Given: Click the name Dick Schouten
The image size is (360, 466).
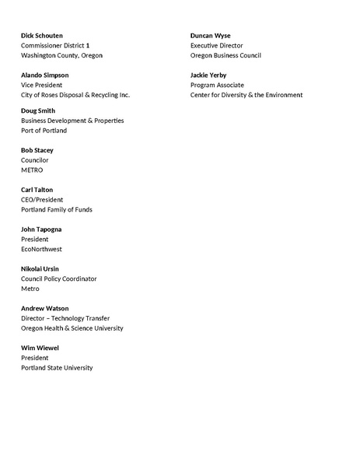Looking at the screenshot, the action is tap(42, 36).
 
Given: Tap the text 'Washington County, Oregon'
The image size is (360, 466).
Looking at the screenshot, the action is tap(61, 56).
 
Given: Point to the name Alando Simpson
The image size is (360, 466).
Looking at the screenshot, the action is tap(45, 75).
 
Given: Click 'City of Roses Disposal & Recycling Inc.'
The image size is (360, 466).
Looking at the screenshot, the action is tap(75, 95).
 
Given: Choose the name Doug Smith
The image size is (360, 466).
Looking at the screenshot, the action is tap(38, 111).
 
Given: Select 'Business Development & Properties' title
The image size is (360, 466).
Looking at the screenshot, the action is tap(72, 121).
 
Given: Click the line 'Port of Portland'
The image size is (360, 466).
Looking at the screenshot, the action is tap(44, 131).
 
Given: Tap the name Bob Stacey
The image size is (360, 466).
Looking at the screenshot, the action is tap(37, 150).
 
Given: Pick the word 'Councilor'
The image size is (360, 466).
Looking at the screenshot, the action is tap(35, 160).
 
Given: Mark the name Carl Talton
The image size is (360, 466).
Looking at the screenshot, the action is tap(37, 190).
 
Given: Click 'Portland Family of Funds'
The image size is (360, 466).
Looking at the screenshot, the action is tap(58, 209).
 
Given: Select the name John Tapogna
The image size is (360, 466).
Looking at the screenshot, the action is tap(41, 229).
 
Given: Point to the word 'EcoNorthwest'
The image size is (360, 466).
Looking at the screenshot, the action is tap(41, 249).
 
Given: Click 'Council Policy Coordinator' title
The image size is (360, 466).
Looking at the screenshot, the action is tap(59, 279).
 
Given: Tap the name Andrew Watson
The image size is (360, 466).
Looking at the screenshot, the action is tap(44, 309).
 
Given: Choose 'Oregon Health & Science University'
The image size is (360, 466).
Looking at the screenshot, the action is tap(72, 328).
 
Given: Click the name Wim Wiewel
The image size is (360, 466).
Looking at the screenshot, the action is tap(40, 348).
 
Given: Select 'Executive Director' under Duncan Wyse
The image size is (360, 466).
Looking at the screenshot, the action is tap(216, 46).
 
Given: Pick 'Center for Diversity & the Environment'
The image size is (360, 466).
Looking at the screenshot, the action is tap(246, 95).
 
